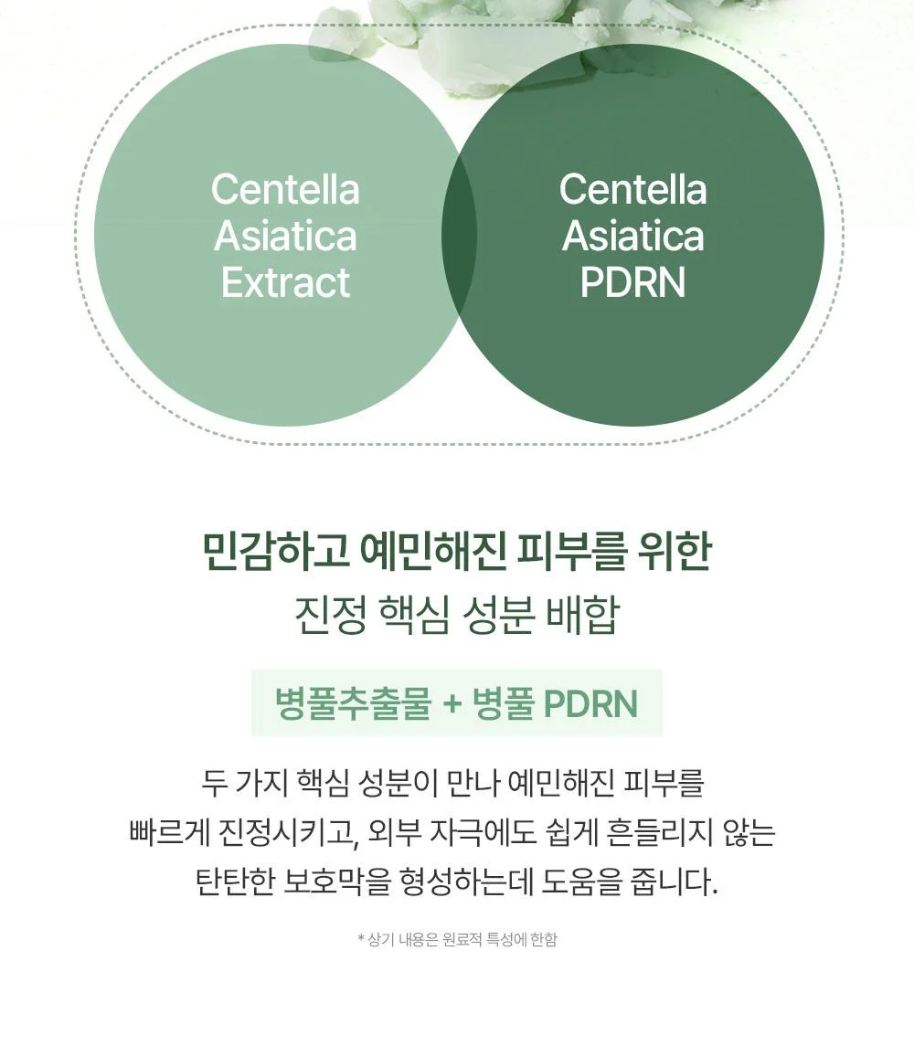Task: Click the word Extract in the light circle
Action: (285, 282)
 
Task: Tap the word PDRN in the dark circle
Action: (632, 282)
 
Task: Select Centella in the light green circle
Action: (285, 189)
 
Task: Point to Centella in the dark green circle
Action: (632, 189)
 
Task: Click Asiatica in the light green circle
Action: (285, 236)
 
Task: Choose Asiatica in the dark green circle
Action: (632, 236)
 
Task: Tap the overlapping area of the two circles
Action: (459, 235)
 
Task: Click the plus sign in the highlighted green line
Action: (452, 704)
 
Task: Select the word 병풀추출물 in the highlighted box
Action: (353, 703)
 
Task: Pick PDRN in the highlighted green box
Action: (590, 703)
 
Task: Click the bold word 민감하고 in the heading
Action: (276, 550)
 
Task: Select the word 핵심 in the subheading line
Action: (414, 615)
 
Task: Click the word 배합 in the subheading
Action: (582, 615)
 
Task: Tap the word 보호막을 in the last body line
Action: (337, 882)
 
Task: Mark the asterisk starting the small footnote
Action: (361, 938)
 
